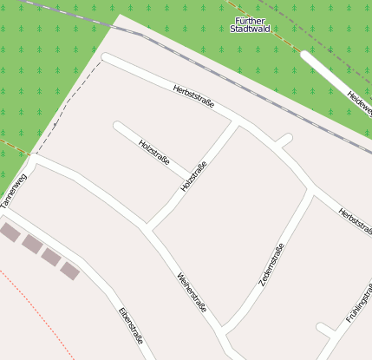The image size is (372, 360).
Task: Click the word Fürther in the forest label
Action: (x=251, y=19)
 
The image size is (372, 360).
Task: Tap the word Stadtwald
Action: (x=251, y=29)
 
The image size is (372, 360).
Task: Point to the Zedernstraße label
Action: (x=271, y=265)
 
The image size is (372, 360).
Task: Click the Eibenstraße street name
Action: (x=131, y=326)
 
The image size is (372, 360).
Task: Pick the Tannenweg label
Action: (x=15, y=193)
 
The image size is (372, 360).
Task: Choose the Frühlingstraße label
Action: (x=358, y=303)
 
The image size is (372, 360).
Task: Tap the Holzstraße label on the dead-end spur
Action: (x=153, y=153)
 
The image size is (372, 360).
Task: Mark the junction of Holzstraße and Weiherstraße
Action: (x=148, y=228)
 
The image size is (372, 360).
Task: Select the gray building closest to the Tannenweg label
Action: (x=10, y=232)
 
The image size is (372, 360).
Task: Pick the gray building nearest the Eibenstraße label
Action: (x=70, y=271)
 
